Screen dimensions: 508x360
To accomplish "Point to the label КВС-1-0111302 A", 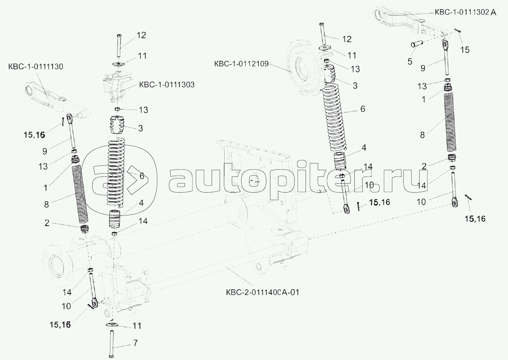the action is pos(465,13).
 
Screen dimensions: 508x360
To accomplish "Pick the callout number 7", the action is pos(135,343).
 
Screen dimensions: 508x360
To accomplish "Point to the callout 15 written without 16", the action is pos(465,50).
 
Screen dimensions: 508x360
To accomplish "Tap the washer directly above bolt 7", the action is pos(112,325).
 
